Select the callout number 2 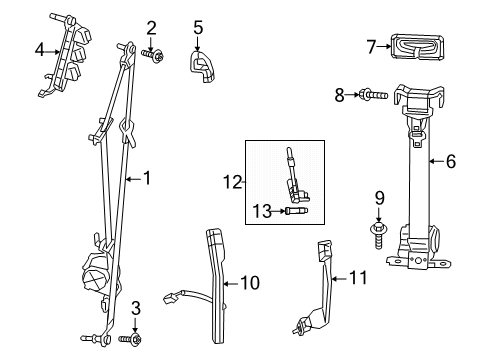[x=151, y=27]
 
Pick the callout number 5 [x=198, y=27]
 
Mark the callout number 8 [x=339, y=95]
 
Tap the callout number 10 [x=250, y=283]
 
